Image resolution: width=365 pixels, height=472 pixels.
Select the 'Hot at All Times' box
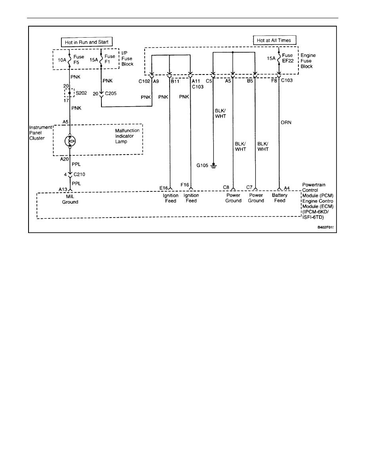(275, 40)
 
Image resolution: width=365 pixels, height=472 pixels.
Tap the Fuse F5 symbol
(70, 59)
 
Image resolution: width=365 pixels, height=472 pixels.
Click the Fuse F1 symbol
(102, 59)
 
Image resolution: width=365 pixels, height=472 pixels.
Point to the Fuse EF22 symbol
(280, 59)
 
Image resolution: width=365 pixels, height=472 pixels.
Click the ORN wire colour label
(286, 122)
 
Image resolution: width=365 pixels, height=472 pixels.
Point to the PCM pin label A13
(62, 189)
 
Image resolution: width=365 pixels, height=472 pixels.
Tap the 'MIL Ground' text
(70, 199)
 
